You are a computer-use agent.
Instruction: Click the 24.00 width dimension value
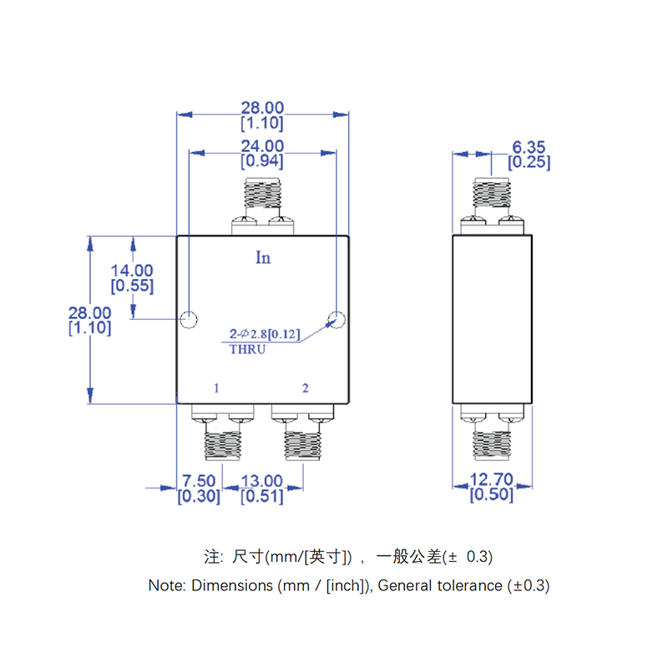click(262, 145)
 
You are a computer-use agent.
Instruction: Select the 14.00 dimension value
click(132, 271)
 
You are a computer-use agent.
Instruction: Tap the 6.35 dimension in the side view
click(529, 147)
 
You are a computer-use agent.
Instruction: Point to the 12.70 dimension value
click(491, 479)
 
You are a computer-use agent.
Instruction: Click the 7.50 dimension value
click(199, 481)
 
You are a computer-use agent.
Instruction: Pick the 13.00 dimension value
click(262, 481)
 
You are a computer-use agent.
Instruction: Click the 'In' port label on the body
click(263, 257)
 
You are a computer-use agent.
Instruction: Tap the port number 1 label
click(216, 388)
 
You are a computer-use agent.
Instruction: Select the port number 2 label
click(306, 388)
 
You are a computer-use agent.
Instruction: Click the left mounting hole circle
click(189, 319)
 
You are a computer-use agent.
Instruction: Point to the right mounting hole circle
click(337, 318)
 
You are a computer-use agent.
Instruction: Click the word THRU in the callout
click(247, 350)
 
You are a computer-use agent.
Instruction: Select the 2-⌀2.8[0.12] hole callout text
click(265, 336)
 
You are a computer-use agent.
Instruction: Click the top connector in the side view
click(491, 193)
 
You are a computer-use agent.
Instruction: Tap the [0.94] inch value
click(262, 161)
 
